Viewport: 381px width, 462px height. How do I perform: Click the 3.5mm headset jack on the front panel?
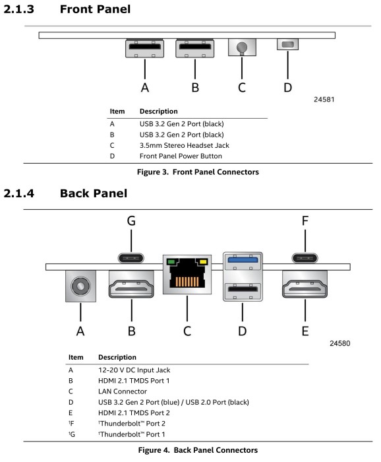[x=242, y=47]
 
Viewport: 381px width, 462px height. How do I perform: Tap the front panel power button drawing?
[x=287, y=44]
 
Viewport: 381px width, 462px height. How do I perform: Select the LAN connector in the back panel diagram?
[x=187, y=275]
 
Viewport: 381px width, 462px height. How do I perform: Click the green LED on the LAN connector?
[x=171, y=261]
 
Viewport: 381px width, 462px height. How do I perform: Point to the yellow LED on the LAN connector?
[x=203, y=261]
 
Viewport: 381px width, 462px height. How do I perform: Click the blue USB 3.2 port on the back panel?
[x=243, y=260]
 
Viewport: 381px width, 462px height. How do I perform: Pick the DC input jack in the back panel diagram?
[x=80, y=286]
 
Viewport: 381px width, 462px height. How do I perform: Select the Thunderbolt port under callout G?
[x=131, y=258]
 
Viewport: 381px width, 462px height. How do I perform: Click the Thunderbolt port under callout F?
[x=305, y=258]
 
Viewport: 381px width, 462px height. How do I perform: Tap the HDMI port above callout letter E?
[x=305, y=284]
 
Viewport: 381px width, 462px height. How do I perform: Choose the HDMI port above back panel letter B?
[x=131, y=284]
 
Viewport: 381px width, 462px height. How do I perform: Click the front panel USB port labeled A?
[x=145, y=48]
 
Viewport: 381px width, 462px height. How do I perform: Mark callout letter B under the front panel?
[x=195, y=88]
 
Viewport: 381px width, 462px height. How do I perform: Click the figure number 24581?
[x=324, y=99]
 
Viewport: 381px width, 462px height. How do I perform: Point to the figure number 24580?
[x=340, y=343]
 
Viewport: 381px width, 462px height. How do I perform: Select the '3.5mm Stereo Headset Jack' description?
[x=184, y=145]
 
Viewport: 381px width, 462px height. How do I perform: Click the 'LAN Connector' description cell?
[x=123, y=391]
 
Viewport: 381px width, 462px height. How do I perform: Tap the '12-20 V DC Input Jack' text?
[x=134, y=370]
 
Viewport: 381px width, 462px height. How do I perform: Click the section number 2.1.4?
[x=19, y=193]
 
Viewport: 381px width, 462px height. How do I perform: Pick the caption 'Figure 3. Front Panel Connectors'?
[x=198, y=172]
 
